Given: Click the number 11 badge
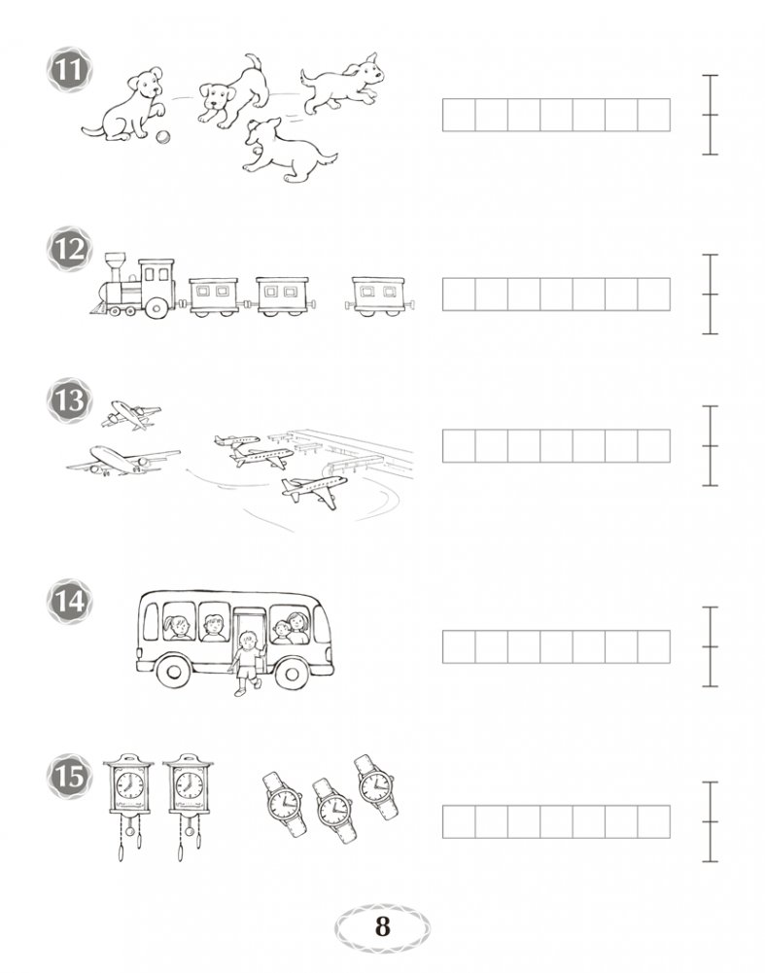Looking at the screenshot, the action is pyautogui.click(x=69, y=71).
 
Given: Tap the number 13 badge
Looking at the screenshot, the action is pyautogui.click(x=69, y=400).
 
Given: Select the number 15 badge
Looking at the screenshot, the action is pyautogui.click(x=69, y=776).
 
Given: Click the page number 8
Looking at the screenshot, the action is pyautogui.click(x=382, y=926).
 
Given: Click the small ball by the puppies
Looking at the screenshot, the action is pyautogui.click(x=162, y=137).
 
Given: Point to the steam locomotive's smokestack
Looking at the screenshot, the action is pyautogui.click(x=116, y=267).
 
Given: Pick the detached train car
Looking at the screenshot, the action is pyautogui.click(x=380, y=296).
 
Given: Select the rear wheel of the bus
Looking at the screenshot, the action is pyautogui.click(x=174, y=672).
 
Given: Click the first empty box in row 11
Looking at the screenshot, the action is pyautogui.click(x=459, y=115).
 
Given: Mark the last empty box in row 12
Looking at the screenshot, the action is pyautogui.click(x=654, y=295).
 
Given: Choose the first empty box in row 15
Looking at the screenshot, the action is pyautogui.click(x=459, y=821).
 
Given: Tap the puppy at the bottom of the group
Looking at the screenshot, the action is pyautogui.click(x=287, y=152).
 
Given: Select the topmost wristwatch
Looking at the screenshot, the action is pyautogui.click(x=376, y=786).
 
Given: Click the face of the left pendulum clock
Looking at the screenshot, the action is pyautogui.click(x=129, y=785).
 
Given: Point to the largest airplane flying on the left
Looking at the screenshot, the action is pyautogui.click(x=122, y=461).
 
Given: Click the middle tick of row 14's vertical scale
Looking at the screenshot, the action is pyautogui.click(x=710, y=646).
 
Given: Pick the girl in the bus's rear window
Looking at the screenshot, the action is pyautogui.click(x=178, y=627).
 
